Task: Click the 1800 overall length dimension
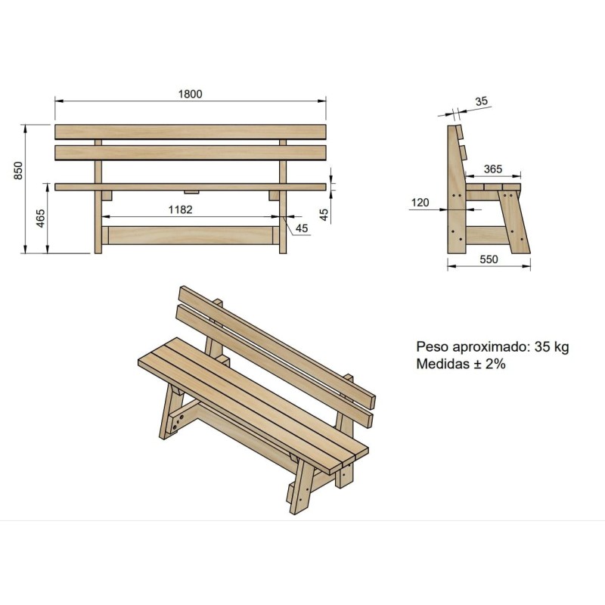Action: (x=190, y=94)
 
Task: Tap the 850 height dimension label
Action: (x=18, y=171)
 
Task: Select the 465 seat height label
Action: (x=41, y=219)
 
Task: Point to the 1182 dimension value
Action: (x=180, y=209)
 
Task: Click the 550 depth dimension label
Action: (x=489, y=259)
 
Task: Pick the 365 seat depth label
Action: (x=493, y=169)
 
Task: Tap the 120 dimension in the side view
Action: (x=420, y=203)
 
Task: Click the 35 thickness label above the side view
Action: (x=482, y=101)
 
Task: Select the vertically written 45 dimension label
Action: (x=324, y=215)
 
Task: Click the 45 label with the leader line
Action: (x=302, y=228)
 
